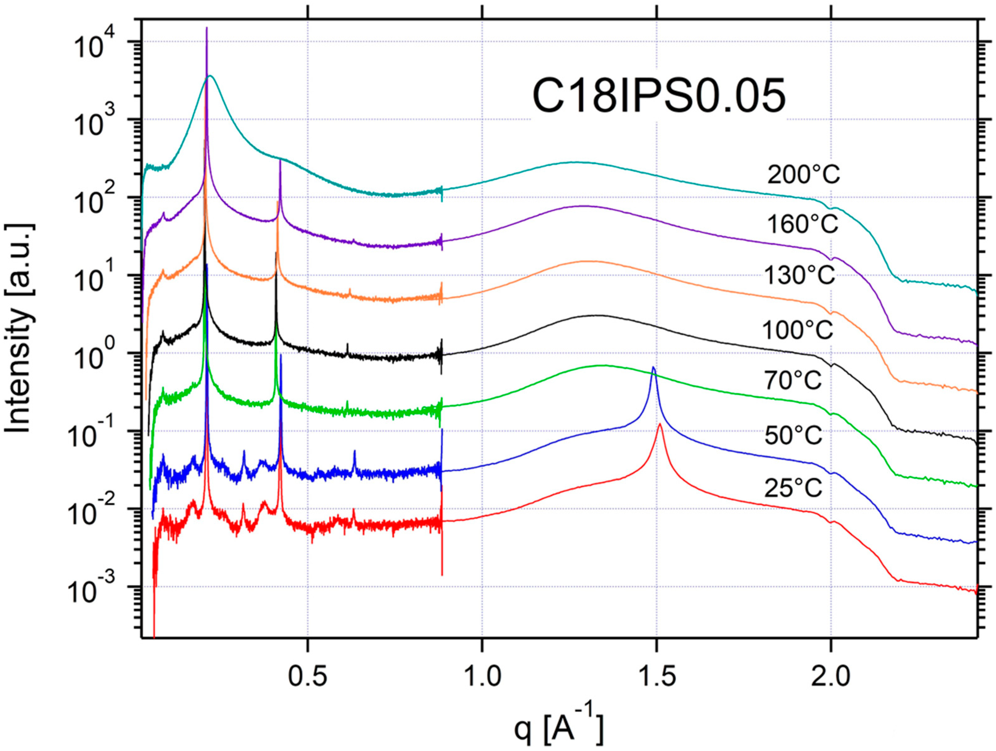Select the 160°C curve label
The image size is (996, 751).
(803, 224)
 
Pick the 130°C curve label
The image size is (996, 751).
(800, 275)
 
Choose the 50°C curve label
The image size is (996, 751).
(793, 435)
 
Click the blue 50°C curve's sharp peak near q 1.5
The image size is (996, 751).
(653, 367)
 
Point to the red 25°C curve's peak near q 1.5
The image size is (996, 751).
(660, 424)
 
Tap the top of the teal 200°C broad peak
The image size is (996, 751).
(210, 76)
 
